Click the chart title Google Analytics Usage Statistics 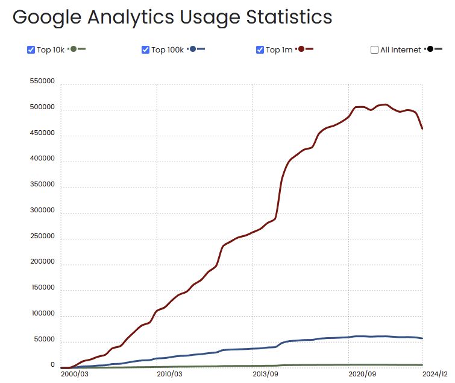[x=172, y=17]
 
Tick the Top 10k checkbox [x=31, y=50]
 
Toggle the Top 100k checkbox [x=145, y=50]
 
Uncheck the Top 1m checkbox [x=260, y=50]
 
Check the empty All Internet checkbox [x=374, y=50]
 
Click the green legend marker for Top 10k [x=74, y=49]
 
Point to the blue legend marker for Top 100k [x=193, y=49]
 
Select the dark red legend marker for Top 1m [x=301, y=49]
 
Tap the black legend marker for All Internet [x=430, y=49]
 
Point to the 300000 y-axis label [x=42, y=210]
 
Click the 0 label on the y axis [x=52, y=365]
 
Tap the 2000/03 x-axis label [x=75, y=374]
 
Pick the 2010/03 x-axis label [x=170, y=374]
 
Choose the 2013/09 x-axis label [x=265, y=374]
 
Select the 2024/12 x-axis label [x=435, y=374]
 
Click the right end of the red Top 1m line [x=422, y=128]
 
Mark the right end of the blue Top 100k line [x=422, y=338]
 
